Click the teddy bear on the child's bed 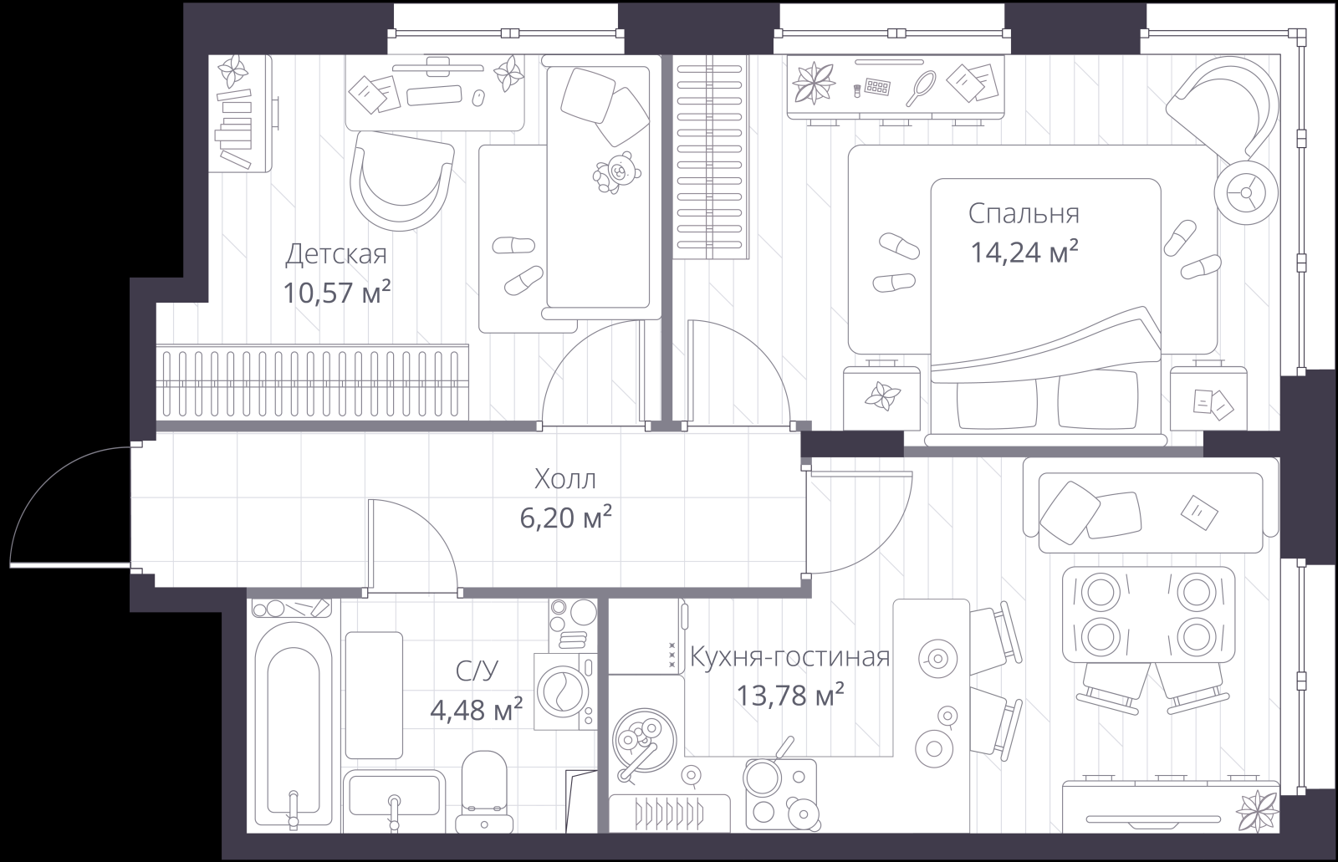pos(616,172)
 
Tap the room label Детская pos(336,254)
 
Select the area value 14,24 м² pos(1024,252)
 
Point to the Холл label pos(565,479)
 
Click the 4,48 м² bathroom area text pos(476,710)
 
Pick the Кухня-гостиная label pos(789,656)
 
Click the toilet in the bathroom pos(484,793)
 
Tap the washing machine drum pos(559,691)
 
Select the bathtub pos(294,723)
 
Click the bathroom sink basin pos(394,794)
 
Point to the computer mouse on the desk pos(477,98)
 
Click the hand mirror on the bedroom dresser pos(920,88)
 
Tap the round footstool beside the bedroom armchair pos(1247,193)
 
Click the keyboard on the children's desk pos(434,95)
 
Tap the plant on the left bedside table pos(882,396)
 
